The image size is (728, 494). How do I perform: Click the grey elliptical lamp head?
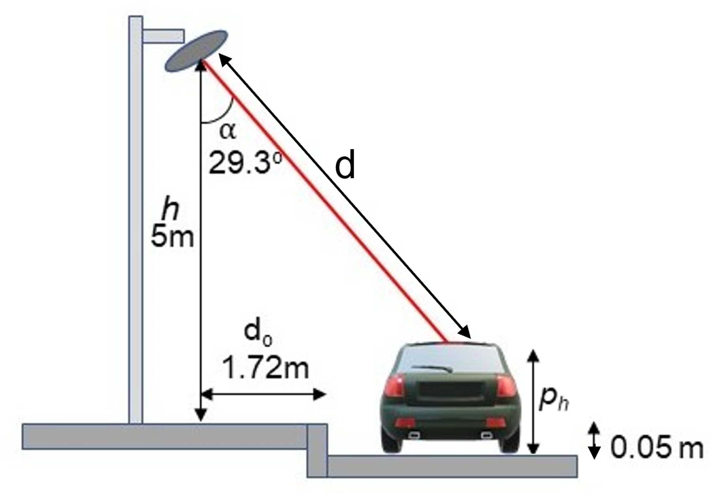pyautogui.click(x=196, y=51)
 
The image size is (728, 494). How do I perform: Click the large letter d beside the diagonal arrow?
pyautogui.click(x=345, y=165)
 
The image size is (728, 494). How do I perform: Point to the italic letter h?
pyautogui.click(x=171, y=209)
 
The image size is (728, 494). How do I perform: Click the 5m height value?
pyautogui.click(x=173, y=237)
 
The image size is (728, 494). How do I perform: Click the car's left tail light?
pyautogui.click(x=395, y=386)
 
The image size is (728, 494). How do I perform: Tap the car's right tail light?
pyautogui.click(x=507, y=386)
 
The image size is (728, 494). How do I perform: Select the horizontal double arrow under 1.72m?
pyautogui.click(x=263, y=394)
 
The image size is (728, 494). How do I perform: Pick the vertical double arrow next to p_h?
pyautogui.click(x=533, y=402)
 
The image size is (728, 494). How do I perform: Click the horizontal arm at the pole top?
pyautogui.click(x=163, y=36)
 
